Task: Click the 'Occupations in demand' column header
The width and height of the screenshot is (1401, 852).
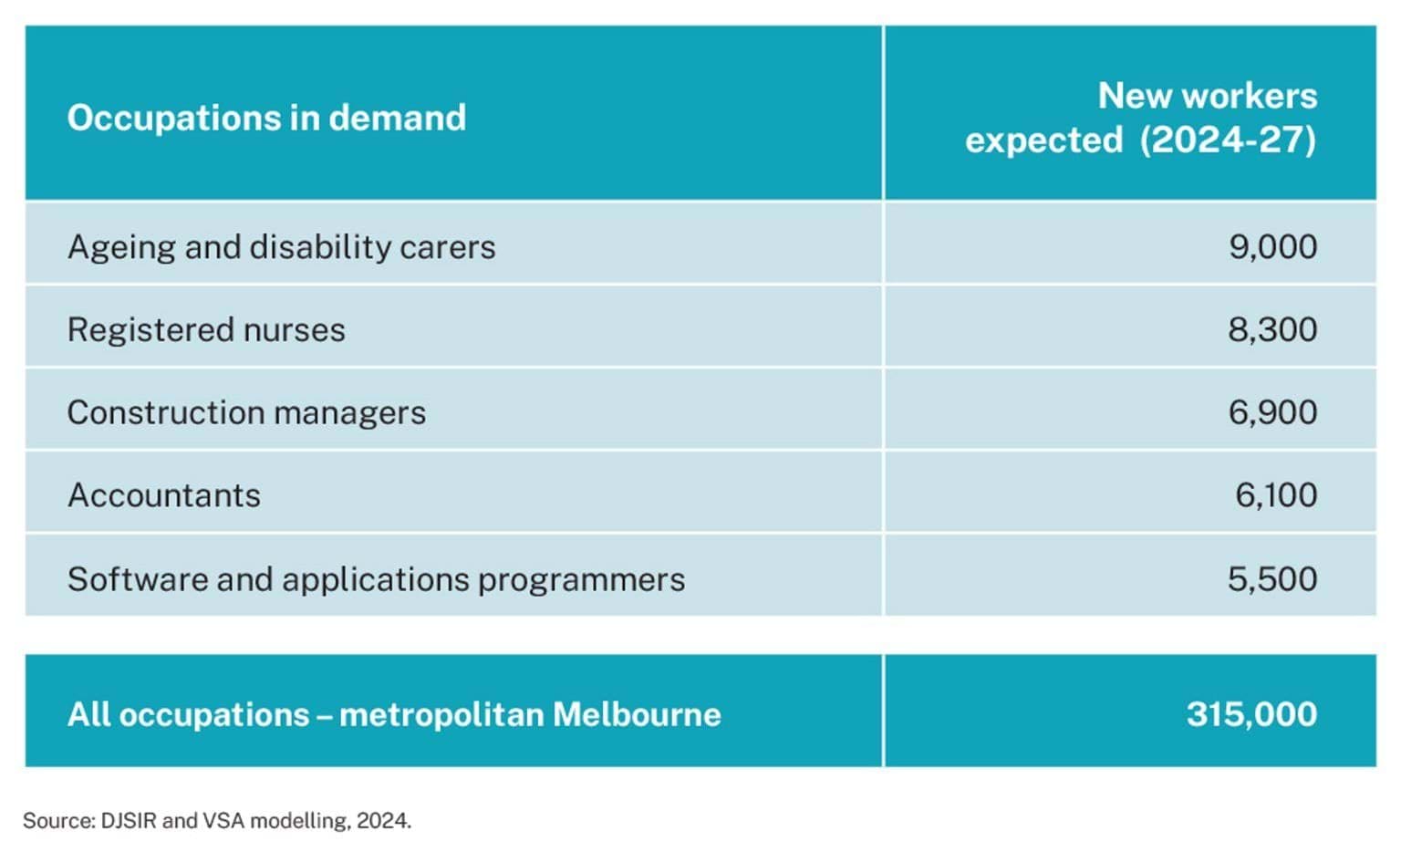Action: point(266,118)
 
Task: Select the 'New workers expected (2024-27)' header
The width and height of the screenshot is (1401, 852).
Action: point(1140,118)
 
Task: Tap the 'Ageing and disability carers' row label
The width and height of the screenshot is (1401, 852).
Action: point(281,247)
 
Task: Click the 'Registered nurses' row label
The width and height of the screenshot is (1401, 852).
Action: point(206,330)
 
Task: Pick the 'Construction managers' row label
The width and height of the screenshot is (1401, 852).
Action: point(246,413)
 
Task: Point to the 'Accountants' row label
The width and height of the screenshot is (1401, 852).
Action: point(164,495)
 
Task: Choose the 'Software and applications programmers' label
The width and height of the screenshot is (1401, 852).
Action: point(376,579)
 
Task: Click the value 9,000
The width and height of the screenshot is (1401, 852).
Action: point(1272,247)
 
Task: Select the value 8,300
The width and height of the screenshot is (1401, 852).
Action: point(1272,330)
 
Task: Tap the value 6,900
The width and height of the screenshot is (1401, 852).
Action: point(1272,413)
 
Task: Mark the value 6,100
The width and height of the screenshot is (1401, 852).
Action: point(1275,495)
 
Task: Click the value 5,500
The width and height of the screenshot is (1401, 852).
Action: point(1272,579)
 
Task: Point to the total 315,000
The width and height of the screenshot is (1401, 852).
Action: point(1251,714)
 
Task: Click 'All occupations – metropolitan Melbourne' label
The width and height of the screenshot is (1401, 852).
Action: point(394,714)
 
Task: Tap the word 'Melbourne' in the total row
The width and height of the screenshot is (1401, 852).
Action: point(637,714)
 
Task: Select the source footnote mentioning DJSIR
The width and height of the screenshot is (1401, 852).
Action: point(217,821)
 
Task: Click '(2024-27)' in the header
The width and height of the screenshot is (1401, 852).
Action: point(1228,140)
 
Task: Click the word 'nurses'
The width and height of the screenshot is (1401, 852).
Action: point(301,330)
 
